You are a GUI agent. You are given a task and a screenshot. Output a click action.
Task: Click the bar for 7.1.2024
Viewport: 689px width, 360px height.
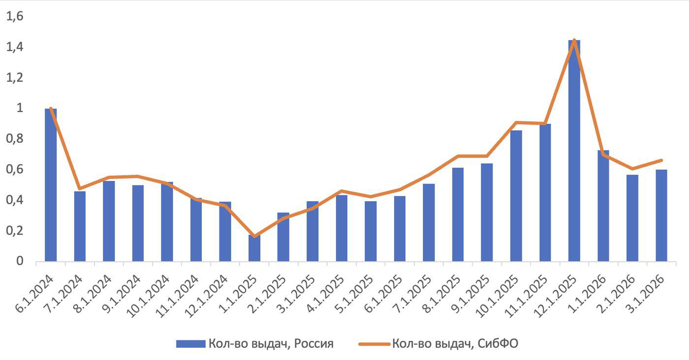click(x=80, y=226)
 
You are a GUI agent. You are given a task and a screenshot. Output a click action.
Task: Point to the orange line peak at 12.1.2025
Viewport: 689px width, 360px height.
click(x=574, y=40)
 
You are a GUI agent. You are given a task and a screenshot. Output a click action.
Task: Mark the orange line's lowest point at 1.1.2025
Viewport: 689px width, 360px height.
click(x=254, y=237)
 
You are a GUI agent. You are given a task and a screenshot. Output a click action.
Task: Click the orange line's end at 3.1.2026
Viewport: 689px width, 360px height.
click(x=661, y=160)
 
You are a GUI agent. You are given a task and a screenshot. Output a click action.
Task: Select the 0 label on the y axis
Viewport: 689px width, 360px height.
click(x=20, y=261)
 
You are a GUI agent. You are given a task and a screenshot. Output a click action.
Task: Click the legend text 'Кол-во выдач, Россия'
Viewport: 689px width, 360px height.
click(x=271, y=344)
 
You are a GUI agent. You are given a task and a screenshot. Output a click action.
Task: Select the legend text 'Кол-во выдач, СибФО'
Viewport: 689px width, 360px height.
click(x=455, y=344)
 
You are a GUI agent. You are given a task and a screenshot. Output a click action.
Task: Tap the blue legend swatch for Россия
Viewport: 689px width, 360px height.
click(x=190, y=344)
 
